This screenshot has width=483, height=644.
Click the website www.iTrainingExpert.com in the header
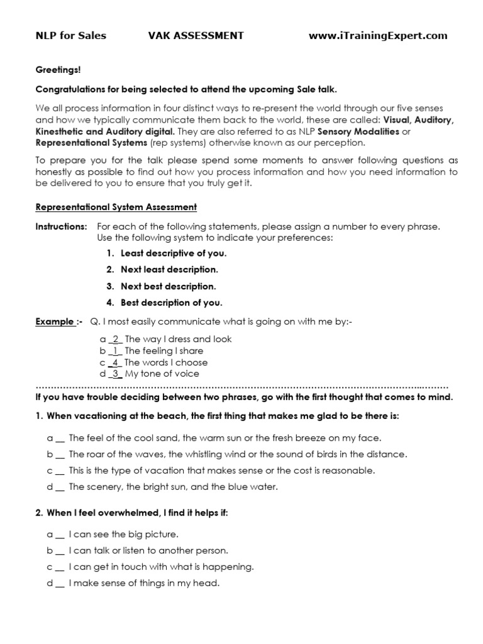point(378,36)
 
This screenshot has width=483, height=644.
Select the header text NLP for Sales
point(70,36)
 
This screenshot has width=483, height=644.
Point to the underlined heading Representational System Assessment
point(116,207)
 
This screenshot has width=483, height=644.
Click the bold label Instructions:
point(61,226)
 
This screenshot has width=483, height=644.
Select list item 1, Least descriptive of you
point(173,253)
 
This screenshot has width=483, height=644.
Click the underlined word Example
point(55,322)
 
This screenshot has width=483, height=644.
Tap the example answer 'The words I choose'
point(166,362)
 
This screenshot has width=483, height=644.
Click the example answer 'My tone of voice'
point(162,374)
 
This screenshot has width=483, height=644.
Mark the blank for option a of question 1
point(59,438)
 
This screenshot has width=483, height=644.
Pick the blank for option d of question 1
point(59,487)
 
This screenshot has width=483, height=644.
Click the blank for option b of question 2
point(59,550)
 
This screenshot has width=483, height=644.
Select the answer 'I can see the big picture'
point(124,534)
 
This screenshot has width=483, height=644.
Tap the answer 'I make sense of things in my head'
point(144,583)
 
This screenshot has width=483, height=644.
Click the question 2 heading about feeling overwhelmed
point(132,513)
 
